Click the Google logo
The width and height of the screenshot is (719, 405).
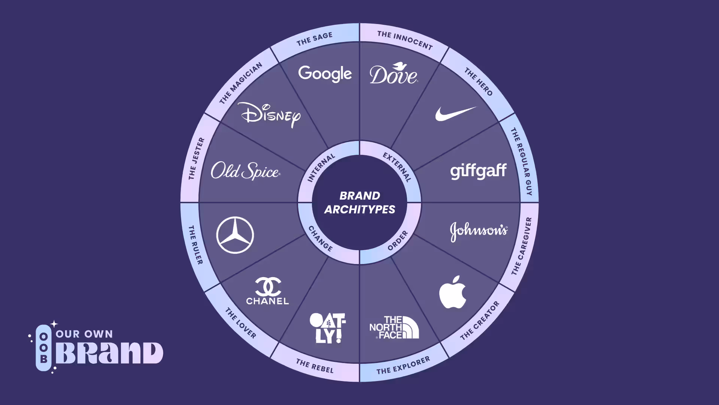click(x=325, y=74)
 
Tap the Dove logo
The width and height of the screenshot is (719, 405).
click(x=394, y=73)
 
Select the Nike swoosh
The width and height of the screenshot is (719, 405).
click(x=455, y=114)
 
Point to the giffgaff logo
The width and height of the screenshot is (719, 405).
click(x=478, y=171)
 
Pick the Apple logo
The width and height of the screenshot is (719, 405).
click(x=453, y=292)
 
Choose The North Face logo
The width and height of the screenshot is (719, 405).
click(x=394, y=327)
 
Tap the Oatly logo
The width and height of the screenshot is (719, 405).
click(x=328, y=328)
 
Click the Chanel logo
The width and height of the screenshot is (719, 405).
click(x=267, y=291)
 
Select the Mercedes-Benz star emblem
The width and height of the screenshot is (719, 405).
click(x=235, y=235)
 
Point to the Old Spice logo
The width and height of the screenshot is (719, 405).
click(x=245, y=171)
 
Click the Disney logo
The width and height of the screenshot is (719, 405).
click(x=269, y=114)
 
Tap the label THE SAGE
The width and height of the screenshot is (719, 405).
click(x=315, y=39)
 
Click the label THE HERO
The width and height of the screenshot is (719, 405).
click(x=479, y=81)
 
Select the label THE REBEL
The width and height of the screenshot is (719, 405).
click(x=315, y=366)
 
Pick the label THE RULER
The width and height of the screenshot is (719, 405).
click(x=195, y=245)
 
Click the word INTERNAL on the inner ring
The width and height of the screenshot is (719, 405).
click(x=321, y=168)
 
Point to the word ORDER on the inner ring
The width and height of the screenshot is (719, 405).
click(x=398, y=240)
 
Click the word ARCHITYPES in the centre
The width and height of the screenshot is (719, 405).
click(x=360, y=209)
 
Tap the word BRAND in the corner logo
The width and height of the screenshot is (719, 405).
click(x=109, y=353)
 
